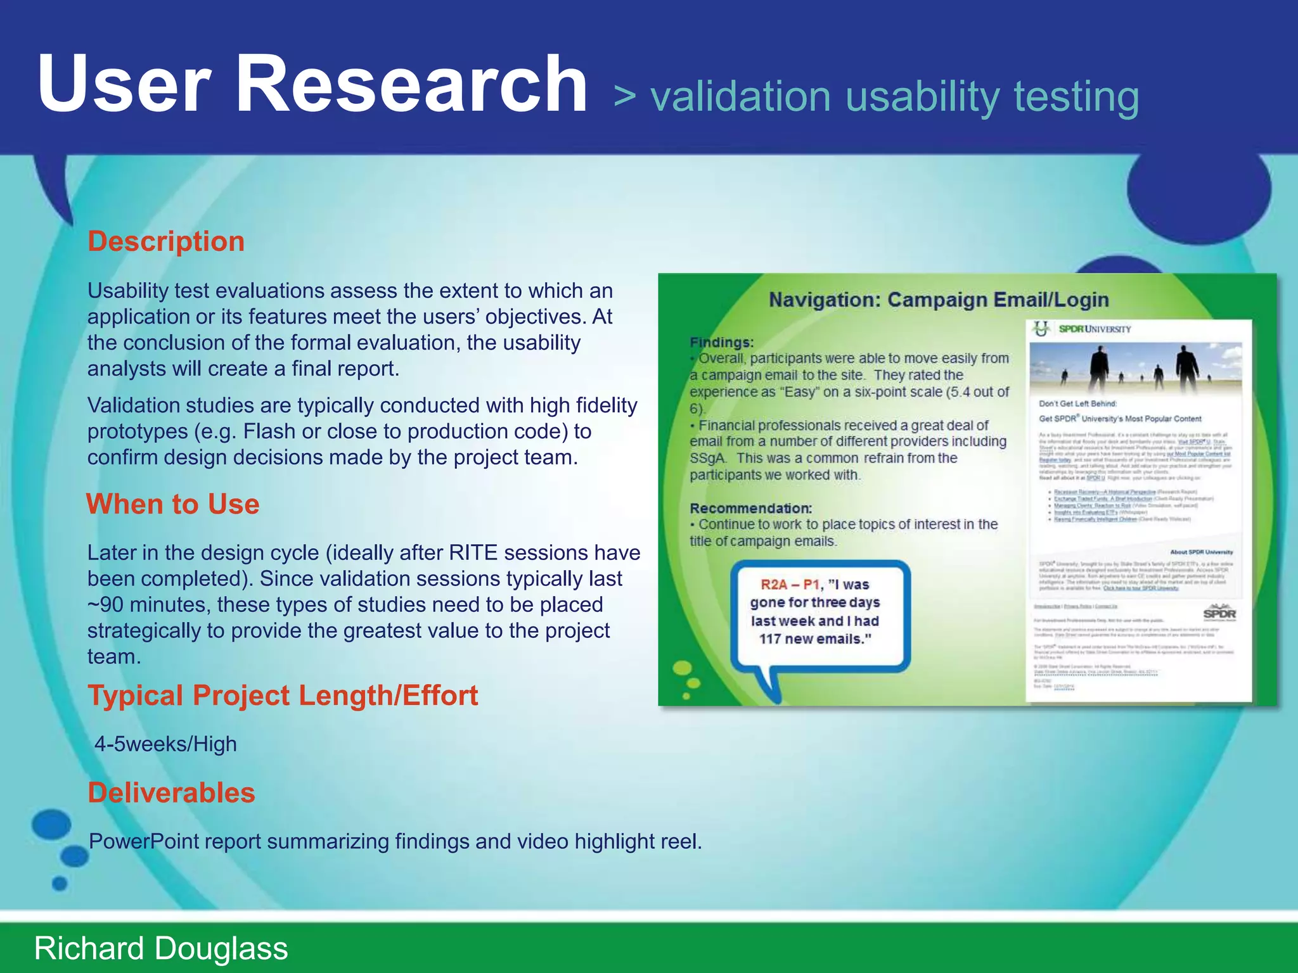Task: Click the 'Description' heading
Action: point(166,242)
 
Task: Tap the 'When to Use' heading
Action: point(173,504)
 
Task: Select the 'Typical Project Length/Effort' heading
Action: point(283,696)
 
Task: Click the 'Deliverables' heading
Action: point(171,793)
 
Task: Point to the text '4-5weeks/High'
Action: point(165,744)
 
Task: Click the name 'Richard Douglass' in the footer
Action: point(161,948)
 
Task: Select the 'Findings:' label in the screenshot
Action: point(721,343)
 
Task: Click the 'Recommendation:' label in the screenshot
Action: point(750,508)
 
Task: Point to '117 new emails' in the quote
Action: point(815,639)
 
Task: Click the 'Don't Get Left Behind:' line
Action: point(1077,404)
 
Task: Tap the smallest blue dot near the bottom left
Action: point(60,883)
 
